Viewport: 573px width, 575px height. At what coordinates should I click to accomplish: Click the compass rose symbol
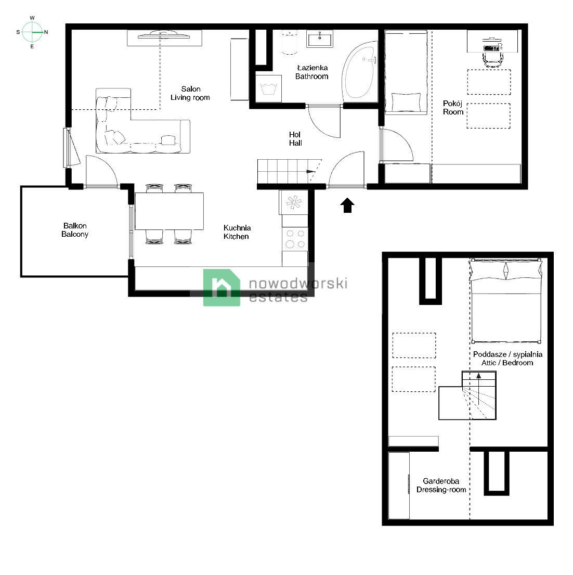[x=32, y=32]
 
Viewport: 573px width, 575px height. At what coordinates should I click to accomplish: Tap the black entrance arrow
[x=347, y=206]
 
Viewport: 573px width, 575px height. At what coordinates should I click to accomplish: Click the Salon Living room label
[x=190, y=93]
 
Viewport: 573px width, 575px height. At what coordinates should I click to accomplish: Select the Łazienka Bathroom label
[x=312, y=72]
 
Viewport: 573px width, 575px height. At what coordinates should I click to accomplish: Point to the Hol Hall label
[x=295, y=138]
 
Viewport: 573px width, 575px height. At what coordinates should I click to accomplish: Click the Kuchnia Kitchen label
[x=237, y=232]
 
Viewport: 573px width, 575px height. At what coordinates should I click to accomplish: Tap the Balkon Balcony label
[x=75, y=230]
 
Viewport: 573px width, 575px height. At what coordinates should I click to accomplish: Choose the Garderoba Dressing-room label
[x=441, y=485]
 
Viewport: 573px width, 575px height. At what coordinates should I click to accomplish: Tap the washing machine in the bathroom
[x=269, y=88]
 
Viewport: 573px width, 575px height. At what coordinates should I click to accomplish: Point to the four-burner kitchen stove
[x=295, y=239]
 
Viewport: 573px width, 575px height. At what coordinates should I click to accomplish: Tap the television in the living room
[x=164, y=35]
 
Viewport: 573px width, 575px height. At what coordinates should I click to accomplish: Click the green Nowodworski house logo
[x=222, y=287]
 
